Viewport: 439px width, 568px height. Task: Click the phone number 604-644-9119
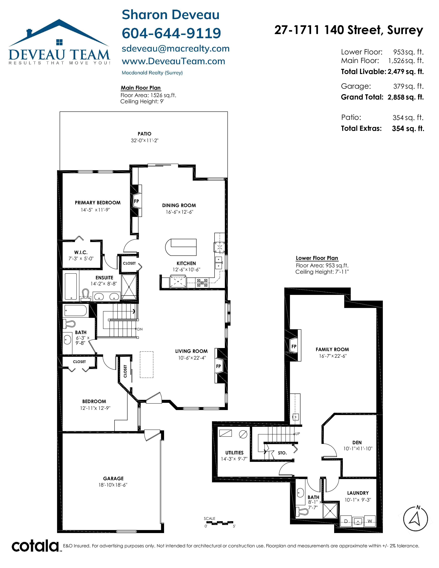pos(171,33)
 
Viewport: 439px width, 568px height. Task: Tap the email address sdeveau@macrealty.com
pos(176,49)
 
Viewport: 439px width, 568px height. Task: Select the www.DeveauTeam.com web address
pos(174,61)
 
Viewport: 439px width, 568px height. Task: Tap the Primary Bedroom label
pos(97,203)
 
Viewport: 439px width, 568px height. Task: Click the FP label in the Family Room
pos(294,346)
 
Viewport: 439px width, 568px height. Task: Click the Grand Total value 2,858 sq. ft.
pos(405,97)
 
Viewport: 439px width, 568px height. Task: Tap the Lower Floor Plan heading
pos(317,258)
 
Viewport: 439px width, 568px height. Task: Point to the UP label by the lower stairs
pos(297,434)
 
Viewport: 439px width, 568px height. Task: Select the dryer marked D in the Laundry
pos(346,521)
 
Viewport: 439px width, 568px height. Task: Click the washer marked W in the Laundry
pos(370,521)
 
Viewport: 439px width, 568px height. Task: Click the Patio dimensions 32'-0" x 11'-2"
pos(145,141)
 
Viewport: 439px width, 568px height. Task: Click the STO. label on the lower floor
pos(282,453)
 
